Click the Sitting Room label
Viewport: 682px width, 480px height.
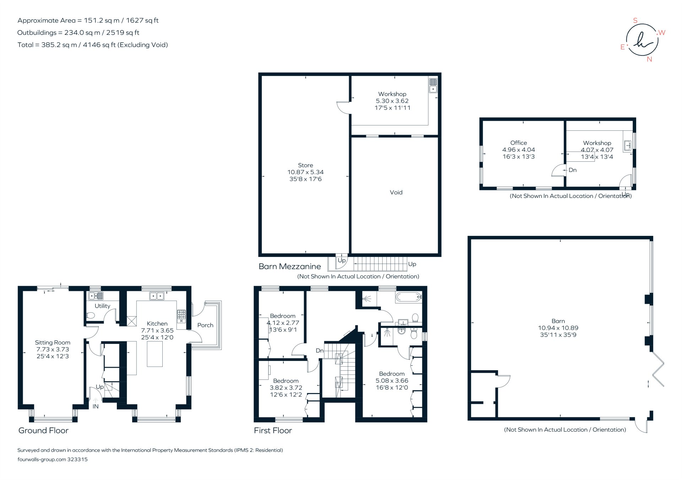pos(53,343)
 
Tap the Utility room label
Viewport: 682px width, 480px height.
pos(102,306)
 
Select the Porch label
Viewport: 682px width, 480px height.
pos(205,325)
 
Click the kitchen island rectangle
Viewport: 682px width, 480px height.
pos(155,354)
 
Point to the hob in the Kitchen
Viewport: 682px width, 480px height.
pos(181,316)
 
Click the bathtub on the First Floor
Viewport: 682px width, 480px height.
pos(408,297)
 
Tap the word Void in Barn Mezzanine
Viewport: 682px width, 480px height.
pos(396,193)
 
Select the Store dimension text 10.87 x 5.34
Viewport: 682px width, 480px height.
pos(305,172)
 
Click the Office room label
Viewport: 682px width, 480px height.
pos(519,143)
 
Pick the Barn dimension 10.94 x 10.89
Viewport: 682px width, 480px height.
pos(558,328)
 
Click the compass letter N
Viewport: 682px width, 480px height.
pos(649,59)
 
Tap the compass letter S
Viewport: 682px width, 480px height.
pos(635,21)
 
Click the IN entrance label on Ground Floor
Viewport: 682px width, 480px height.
pos(96,406)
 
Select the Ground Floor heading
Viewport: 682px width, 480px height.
pos(43,431)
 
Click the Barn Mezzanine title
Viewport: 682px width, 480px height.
pos(289,266)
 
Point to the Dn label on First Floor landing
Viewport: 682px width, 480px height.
pos(320,351)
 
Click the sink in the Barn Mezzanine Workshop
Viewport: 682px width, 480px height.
pos(433,85)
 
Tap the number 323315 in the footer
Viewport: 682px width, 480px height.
pos(77,459)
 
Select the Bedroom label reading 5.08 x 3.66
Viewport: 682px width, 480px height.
pos(392,381)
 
